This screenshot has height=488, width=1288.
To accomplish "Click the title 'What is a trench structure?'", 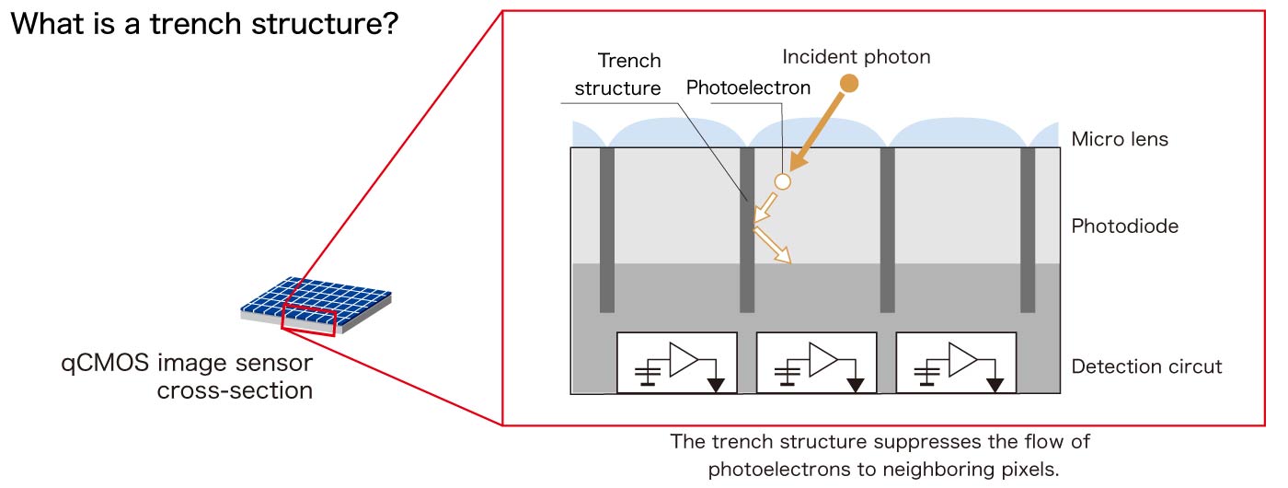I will tap(203, 24).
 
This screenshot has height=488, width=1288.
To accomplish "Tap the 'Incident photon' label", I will tap(856, 57).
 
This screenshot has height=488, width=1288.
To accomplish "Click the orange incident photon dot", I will tap(850, 84).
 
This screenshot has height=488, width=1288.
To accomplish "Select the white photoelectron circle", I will tap(782, 181).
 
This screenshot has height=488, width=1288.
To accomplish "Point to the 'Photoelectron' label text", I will tap(748, 87).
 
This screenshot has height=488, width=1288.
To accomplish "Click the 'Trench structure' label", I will tap(617, 75).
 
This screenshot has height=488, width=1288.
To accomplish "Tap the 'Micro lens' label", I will tap(1120, 140).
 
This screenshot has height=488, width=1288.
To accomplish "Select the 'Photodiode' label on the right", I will tap(1124, 226).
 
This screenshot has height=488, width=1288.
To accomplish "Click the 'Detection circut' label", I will tap(1146, 366).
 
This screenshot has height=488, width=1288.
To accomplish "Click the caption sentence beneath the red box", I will tap(880, 455).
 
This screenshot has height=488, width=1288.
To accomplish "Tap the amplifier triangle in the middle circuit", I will tap(822, 359).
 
